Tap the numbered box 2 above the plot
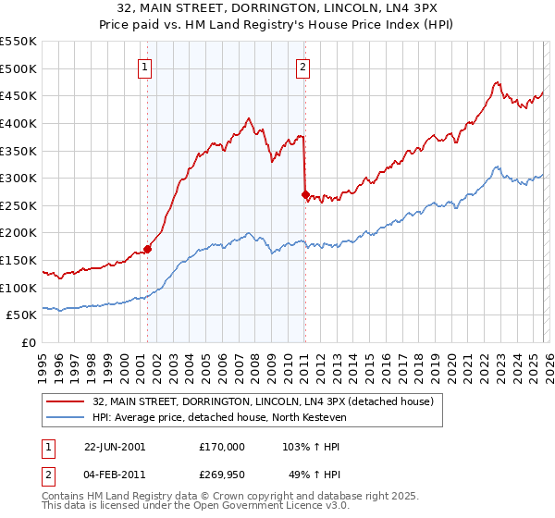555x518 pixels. (x=303, y=66)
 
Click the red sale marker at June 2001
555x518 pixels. (x=147, y=249)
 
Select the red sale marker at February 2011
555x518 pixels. (x=305, y=194)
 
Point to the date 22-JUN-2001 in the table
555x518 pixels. (x=115, y=446)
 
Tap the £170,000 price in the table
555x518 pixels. (x=221, y=446)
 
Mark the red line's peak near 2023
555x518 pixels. (x=497, y=82)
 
